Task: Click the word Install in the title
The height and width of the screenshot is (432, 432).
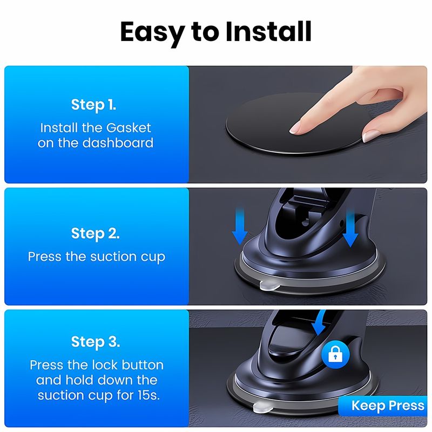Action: click(x=268, y=32)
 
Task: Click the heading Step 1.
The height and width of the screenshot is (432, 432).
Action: click(x=93, y=104)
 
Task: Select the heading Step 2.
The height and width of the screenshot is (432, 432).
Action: click(x=96, y=233)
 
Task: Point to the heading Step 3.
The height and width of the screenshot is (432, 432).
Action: click(x=96, y=342)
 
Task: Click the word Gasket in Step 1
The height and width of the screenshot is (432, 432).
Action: click(x=129, y=128)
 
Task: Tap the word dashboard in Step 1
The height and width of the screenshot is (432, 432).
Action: click(x=118, y=143)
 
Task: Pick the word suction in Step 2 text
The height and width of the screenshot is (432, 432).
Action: click(x=113, y=256)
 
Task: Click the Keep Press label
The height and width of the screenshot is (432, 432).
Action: click(x=388, y=406)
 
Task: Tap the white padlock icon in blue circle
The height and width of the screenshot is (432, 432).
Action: click(x=335, y=355)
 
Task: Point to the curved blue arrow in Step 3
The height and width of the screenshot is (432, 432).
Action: click(x=320, y=322)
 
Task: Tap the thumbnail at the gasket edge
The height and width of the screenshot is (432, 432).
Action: click(x=370, y=136)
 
